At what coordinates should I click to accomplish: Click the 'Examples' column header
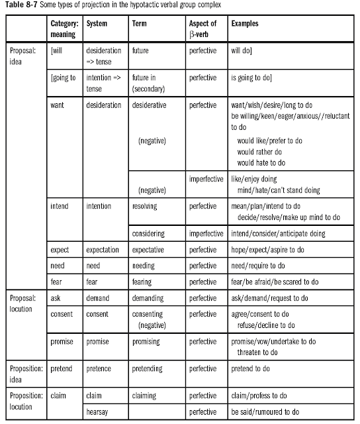point(245,23)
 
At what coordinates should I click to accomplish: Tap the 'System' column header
point(97,23)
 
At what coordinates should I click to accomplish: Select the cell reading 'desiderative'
point(150,105)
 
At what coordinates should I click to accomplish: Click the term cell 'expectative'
point(150,250)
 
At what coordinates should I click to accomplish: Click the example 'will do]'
point(244,50)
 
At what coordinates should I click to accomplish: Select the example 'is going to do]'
point(255,78)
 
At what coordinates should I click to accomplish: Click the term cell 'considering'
point(148,234)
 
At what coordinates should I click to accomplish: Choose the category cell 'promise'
point(62,342)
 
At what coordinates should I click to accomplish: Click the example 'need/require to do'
point(258,266)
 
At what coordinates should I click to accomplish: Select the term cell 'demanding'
point(149,298)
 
